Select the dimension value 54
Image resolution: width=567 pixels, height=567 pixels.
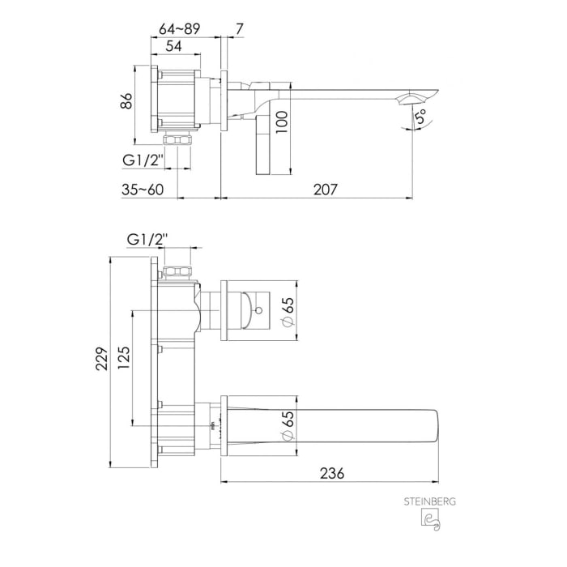[x=173, y=47]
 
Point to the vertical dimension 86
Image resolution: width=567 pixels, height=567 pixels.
[x=126, y=102]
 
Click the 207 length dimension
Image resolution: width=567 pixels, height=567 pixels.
[x=324, y=189]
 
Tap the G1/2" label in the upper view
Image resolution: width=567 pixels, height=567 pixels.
[x=144, y=160]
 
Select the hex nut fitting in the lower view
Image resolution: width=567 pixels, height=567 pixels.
[x=177, y=271]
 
